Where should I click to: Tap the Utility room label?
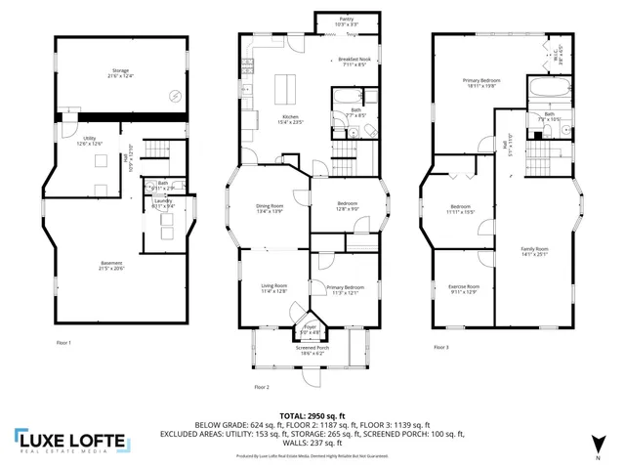89,141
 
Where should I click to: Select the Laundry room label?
162,203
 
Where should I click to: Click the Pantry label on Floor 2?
347,21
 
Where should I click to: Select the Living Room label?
273,288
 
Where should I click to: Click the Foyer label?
310,328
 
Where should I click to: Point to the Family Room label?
534,252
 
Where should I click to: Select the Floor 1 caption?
64,342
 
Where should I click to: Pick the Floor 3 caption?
439,348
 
